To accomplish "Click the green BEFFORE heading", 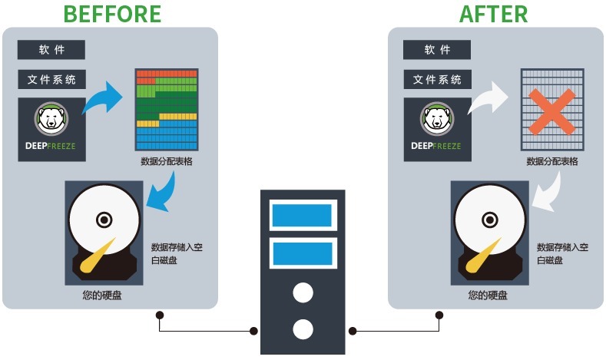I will pyautogui.click(x=112, y=14).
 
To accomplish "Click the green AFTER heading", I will pyautogui.click(x=493, y=14).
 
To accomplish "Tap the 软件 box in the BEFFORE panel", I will pyautogui.click(x=51, y=50).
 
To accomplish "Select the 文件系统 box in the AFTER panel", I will pyautogui.click(x=437, y=79).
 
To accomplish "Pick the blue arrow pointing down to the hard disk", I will pyautogui.click(x=163, y=191).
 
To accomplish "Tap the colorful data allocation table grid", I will pyautogui.click(x=167, y=110).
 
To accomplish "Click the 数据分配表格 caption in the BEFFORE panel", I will pyautogui.click(x=166, y=161).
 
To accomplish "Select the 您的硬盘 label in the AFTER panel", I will pyautogui.click(x=488, y=295).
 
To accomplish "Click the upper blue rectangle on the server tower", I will pyautogui.click(x=302, y=216).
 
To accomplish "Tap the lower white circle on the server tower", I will pyautogui.click(x=303, y=330).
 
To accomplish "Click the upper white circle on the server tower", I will pyautogui.click(x=303, y=292).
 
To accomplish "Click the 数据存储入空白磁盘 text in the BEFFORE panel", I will pyautogui.click(x=177, y=254).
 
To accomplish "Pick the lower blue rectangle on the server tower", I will pyautogui.click(x=302, y=253).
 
